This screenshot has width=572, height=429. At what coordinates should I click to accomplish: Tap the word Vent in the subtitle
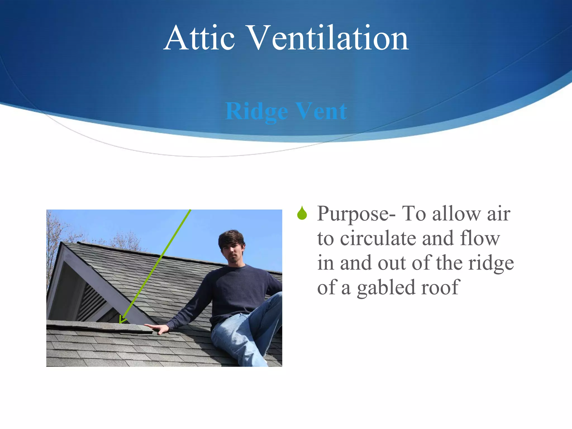[321, 111]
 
